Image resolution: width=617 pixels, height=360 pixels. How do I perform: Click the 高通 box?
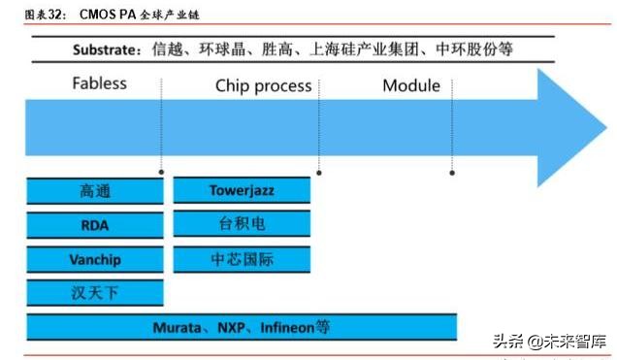95,191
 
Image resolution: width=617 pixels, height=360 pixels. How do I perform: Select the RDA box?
95,225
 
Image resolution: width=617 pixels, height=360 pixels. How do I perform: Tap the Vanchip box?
95,259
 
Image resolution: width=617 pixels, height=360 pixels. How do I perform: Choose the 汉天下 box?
95,293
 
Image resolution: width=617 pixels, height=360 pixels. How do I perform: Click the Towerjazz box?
242,190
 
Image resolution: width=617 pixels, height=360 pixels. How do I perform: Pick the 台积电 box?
242,224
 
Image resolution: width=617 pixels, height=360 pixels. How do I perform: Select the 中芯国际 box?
242,259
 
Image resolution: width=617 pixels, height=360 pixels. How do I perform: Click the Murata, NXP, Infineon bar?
242,327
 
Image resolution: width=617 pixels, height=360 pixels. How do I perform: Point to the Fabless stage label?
99,83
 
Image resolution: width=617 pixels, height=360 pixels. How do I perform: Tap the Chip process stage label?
263,85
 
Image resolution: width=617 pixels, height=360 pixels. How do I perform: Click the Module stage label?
410,85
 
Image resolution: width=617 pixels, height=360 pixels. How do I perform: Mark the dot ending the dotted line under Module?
452,174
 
